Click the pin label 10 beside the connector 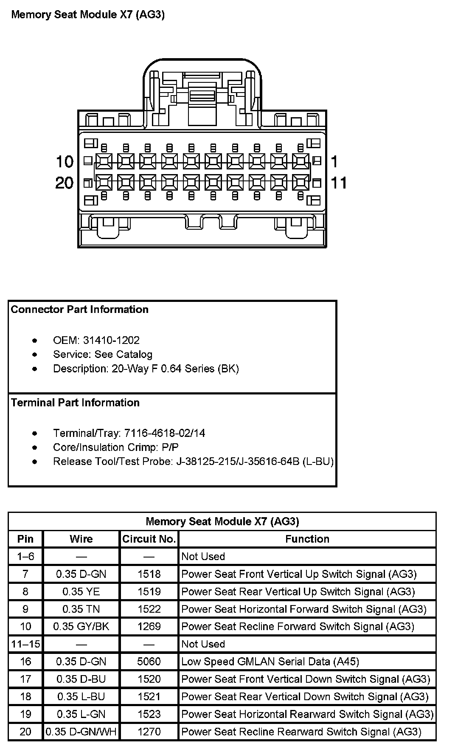pos(65,162)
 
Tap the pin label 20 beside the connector pos(65,183)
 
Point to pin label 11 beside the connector pos(339,183)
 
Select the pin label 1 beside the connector pos(334,162)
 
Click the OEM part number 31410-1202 pos(111,340)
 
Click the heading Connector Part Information pos(80,310)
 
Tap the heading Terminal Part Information pos(75,403)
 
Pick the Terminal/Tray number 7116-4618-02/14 pos(165,433)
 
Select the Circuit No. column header pos(149,539)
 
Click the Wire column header pos(81,539)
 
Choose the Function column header pos(307,539)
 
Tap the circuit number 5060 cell pos(149,662)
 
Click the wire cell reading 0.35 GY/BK pos(81,627)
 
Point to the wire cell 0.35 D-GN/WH pos(81,732)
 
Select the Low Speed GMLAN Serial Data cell pos(270,662)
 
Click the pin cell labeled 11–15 pos(25,644)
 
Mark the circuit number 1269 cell pos(149,627)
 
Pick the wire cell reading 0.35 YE pos(81,591)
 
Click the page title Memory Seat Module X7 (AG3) pos(88,15)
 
